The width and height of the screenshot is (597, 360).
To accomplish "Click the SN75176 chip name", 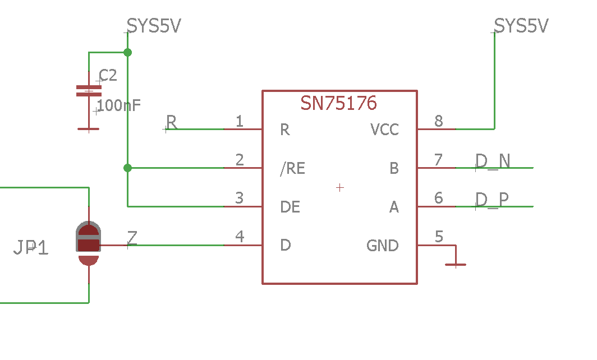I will pyautogui.click(x=338, y=103).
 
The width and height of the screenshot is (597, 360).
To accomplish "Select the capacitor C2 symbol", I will pyautogui.click(x=89, y=91).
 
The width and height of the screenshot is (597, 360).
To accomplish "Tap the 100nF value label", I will pyautogui.click(x=118, y=105).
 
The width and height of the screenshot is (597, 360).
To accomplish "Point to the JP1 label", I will pyautogui.click(x=31, y=247).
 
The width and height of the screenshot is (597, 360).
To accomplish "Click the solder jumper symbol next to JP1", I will pyautogui.click(x=88, y=244).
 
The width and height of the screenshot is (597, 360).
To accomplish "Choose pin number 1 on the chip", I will pyautogui.click(x=240, y=121).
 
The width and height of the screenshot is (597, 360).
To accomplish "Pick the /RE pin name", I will pyautogui.click(x=292, y=168).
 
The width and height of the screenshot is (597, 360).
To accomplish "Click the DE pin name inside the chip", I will pyautogui.click(x=290, y=207).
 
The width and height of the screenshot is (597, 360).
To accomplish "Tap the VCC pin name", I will pyautogui.click(x=384, y=130).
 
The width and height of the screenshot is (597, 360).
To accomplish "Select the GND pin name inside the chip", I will pyautogui.click(x=382, y=246).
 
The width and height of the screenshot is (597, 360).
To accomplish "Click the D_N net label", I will pyautogui.click(x=493, y=161).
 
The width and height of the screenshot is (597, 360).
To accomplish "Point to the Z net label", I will pyautogui.click(x=132, y=238).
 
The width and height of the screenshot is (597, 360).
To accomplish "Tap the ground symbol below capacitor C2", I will pyautogui.click(x=88, y=128).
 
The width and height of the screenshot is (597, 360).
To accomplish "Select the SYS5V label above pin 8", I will pyautogui.click(x=521, y=26).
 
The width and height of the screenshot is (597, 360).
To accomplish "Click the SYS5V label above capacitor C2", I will pyautogui.click(x=154, y=26).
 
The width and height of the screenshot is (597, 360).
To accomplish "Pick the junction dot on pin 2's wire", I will pyautogui.click(x=127, y=168).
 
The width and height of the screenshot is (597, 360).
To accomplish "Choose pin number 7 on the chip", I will pyautogui.click(x=438, y=160).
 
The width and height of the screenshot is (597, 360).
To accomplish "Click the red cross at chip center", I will pyautogui.click(x=339, y=187).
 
